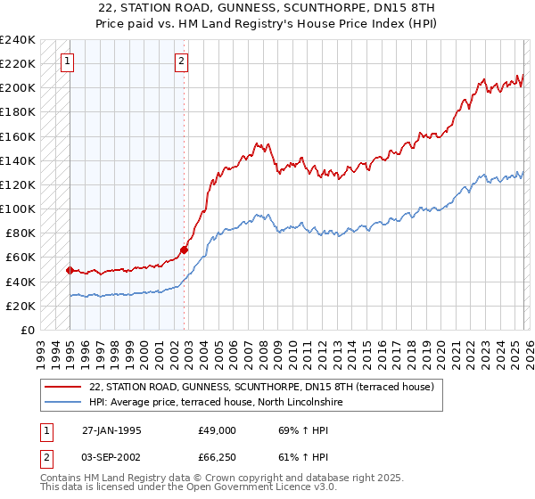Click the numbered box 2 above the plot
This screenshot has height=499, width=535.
tap(181, 61)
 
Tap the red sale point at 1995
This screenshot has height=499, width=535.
tap(70, 269)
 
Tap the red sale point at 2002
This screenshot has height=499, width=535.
tap(184, 250)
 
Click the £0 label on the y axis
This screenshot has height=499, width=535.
tap(27, 330)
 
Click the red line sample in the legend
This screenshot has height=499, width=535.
tap(64, 387)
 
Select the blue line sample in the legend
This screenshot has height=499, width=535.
tap(64, 403)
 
